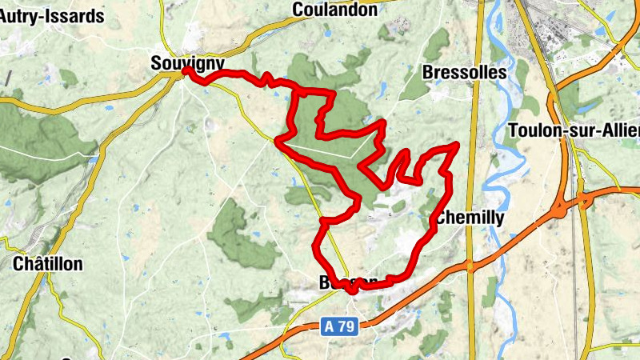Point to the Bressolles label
coord(464,72)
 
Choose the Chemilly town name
coord(470,218)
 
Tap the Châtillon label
coord(48,264)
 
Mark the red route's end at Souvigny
coord(186,71)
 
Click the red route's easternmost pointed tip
coord(457,144)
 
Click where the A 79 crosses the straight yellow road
coord(470,264)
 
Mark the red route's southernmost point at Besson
coord(352,291)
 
